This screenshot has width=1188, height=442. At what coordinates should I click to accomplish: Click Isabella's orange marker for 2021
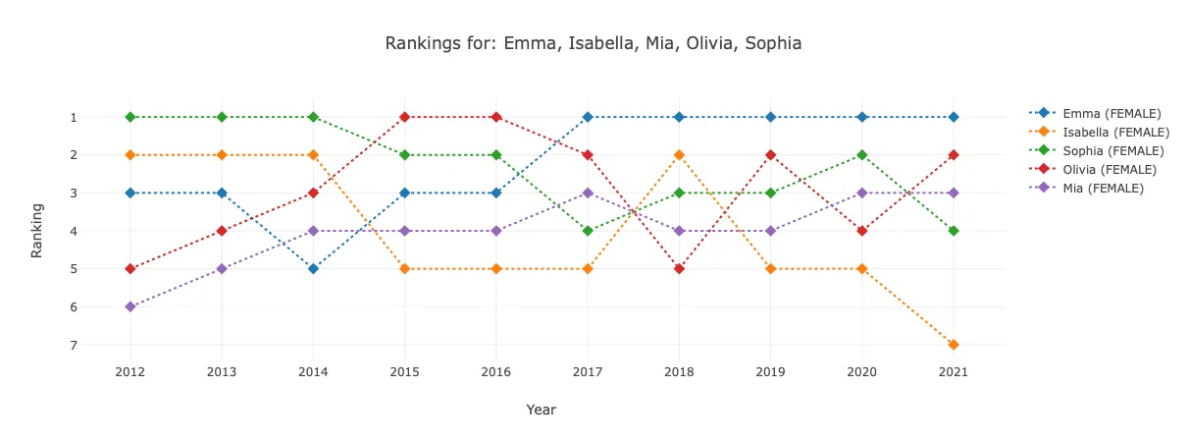coord(954,345)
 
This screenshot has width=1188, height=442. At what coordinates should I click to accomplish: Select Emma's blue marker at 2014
coord(313,268)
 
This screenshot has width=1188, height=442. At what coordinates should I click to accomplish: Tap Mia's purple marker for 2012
coord(129,306)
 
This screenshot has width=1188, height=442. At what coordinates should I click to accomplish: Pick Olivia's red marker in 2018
coord(679,268)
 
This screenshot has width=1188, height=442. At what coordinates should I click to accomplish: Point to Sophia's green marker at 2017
coord(588,231)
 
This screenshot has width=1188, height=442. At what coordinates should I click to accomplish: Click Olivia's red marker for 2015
coord(404,117)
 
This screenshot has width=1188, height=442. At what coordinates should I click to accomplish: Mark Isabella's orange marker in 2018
coord(679,155)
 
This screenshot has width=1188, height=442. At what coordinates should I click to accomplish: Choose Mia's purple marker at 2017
coord(588,193)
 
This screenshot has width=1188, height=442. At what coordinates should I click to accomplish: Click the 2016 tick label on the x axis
coord(495,372)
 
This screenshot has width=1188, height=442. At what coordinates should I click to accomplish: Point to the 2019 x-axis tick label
coord(770,372)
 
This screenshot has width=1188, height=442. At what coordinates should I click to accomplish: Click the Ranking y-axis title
coord(37,231)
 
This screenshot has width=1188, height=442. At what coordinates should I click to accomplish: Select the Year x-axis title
coord(541,410)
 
